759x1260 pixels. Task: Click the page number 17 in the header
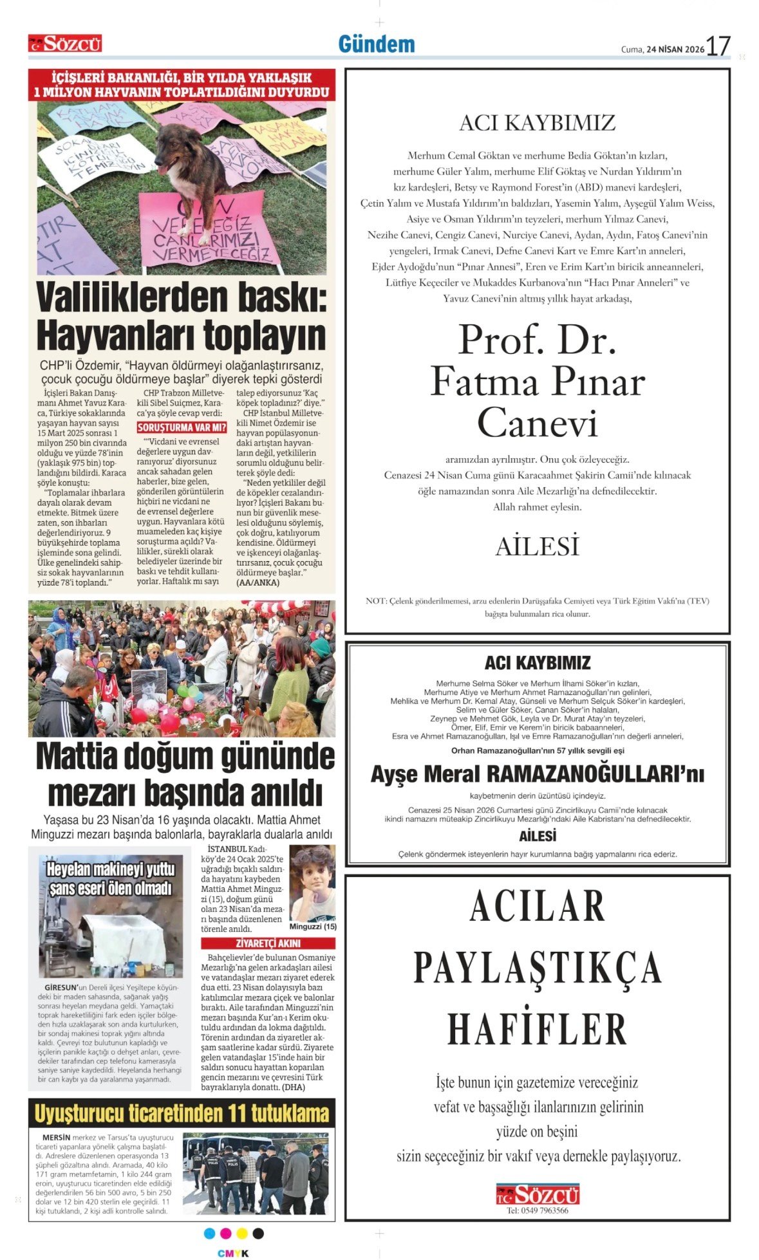718,46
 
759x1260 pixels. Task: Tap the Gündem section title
377,44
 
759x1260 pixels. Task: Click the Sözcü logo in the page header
65,44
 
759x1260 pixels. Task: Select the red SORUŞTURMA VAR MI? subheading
182,427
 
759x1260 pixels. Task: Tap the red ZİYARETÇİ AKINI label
268,943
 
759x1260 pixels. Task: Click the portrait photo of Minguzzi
312,883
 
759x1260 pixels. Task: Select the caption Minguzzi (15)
313,927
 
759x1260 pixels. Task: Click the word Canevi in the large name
538,423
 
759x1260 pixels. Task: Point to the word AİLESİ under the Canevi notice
538,546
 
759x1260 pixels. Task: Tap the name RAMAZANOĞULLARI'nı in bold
595,774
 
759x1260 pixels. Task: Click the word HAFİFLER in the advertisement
538,1029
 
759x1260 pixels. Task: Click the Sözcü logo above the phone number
538,1194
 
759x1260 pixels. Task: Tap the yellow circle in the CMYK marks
242,1233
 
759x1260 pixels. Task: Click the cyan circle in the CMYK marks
209,1233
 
